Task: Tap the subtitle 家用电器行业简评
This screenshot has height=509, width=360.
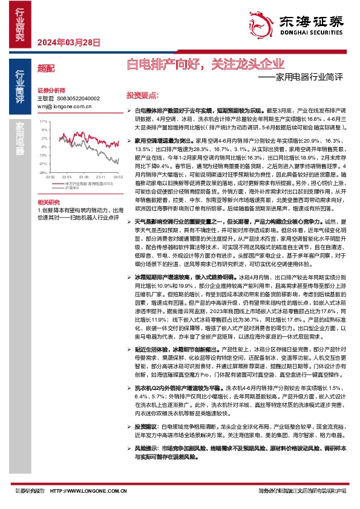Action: (309, 77)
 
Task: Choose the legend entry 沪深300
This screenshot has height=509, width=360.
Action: (73, 187)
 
